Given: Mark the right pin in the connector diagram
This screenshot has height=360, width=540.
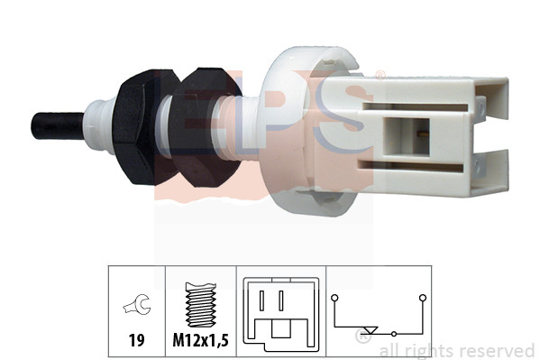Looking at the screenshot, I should coord(283,300).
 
